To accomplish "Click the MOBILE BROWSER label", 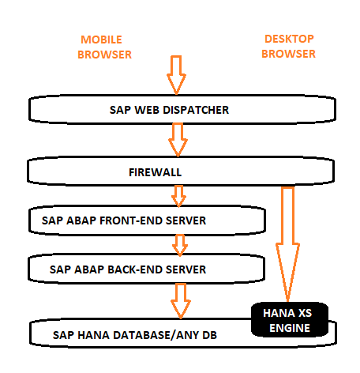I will [105, 47].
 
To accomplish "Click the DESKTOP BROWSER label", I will [288, 46].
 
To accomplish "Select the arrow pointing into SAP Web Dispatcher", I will [175, 75].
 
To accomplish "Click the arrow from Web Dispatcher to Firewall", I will [178, 139].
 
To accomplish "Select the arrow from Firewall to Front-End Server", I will [179, 194].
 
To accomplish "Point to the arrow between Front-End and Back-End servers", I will [179, 243].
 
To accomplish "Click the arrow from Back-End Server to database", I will [179, 300].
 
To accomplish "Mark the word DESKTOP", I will [288, 39].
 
